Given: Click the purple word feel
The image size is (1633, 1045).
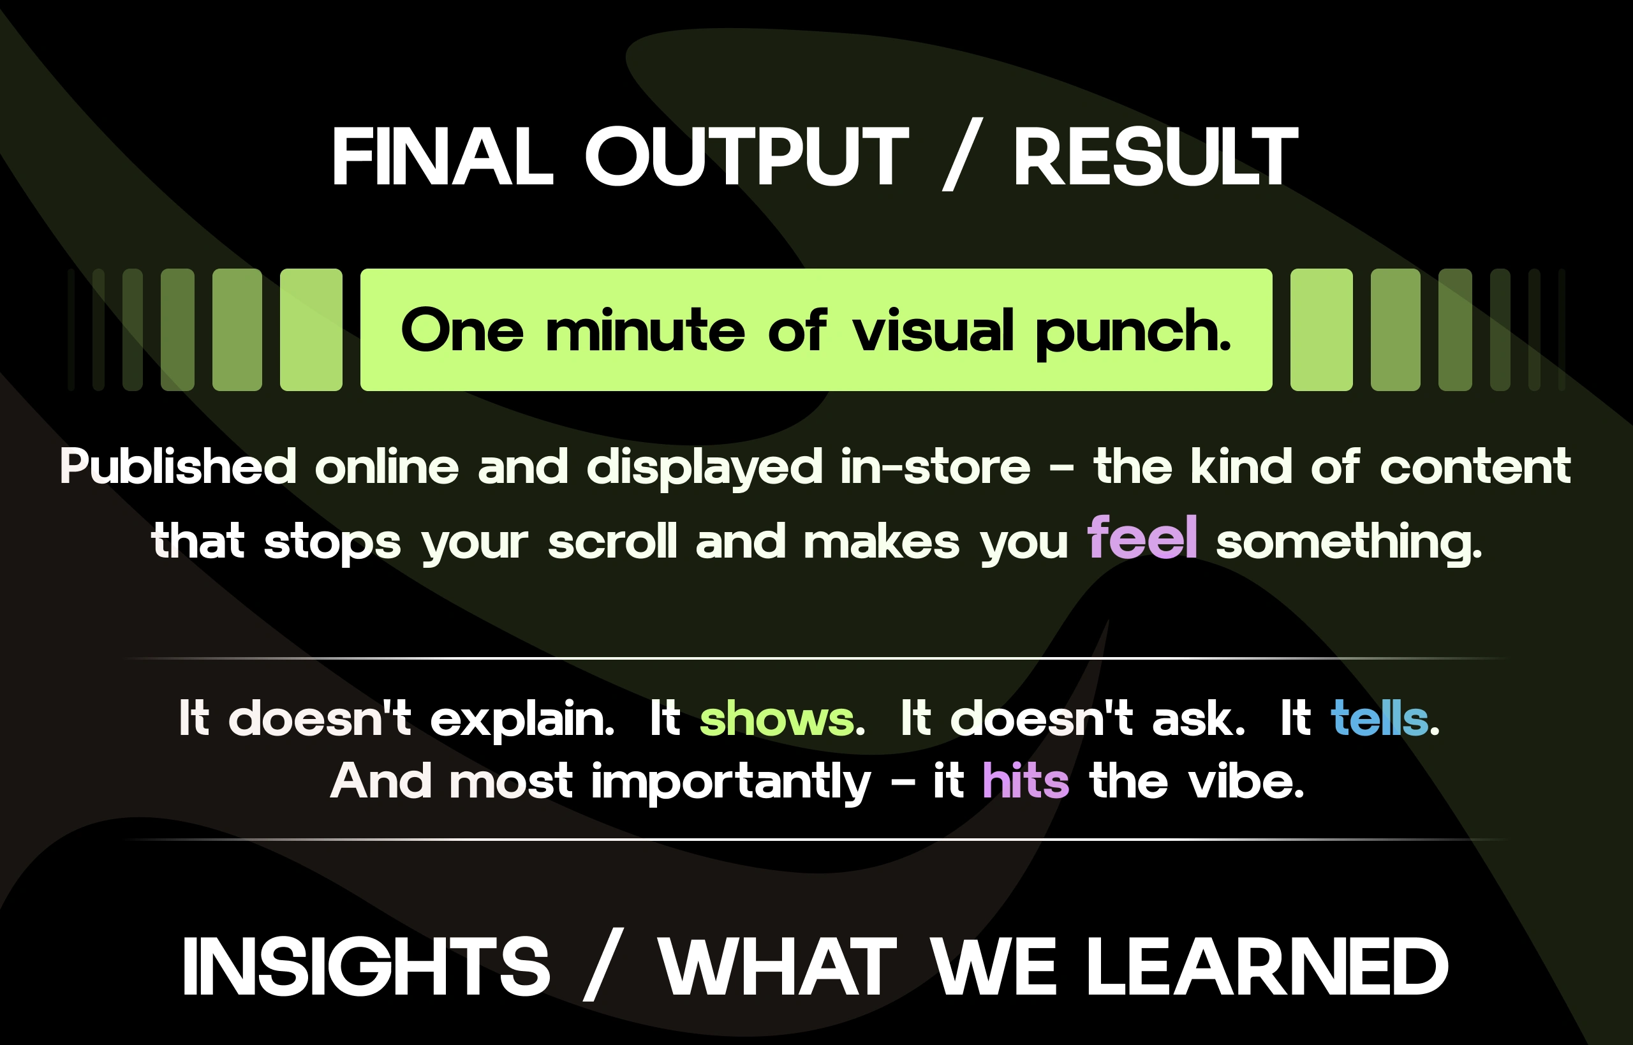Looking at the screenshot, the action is click(x=1142, y=537).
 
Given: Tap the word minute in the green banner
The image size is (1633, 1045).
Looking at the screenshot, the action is click(x=645, y=330).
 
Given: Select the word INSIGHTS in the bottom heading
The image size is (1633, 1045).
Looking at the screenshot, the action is click(x=366, y=967).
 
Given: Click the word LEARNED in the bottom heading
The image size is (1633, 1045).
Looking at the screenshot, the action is click(x=1267, y=967).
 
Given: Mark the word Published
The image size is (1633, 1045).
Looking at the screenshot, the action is click(x=179, y=466).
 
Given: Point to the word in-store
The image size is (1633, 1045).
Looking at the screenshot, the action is click(x=935, y=466).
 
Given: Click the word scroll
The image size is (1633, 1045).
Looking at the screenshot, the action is click(x=612, y=541).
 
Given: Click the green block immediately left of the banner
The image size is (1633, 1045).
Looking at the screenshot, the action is click(x=311, y=330).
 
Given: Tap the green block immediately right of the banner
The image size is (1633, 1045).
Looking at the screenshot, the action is click(x=1322, y=330).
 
